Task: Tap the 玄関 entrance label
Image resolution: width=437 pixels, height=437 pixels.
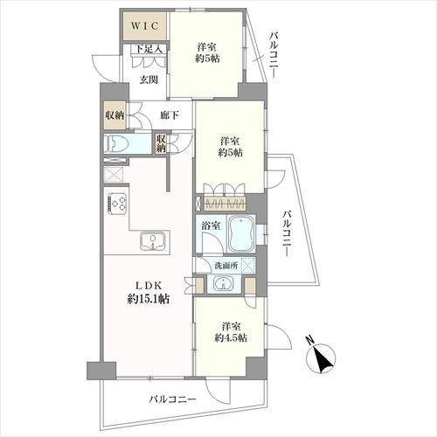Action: click(x=148, y=80)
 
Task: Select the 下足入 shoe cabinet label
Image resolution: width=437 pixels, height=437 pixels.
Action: click(x=148, y=50)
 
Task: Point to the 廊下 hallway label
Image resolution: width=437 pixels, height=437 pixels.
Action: click(x=170, y=115)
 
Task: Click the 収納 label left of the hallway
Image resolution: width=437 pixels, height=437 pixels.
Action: click(x=114, y=115)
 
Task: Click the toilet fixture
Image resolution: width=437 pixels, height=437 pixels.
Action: click(x=118, y=145)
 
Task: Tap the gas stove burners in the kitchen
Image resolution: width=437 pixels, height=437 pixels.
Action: click(x=118, y=205)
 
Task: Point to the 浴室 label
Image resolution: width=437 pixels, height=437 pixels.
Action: click(x=210, y=225)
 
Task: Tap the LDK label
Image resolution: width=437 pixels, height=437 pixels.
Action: click(x=146, y=283)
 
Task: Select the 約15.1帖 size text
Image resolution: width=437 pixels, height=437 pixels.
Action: click(x=146, y=299)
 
